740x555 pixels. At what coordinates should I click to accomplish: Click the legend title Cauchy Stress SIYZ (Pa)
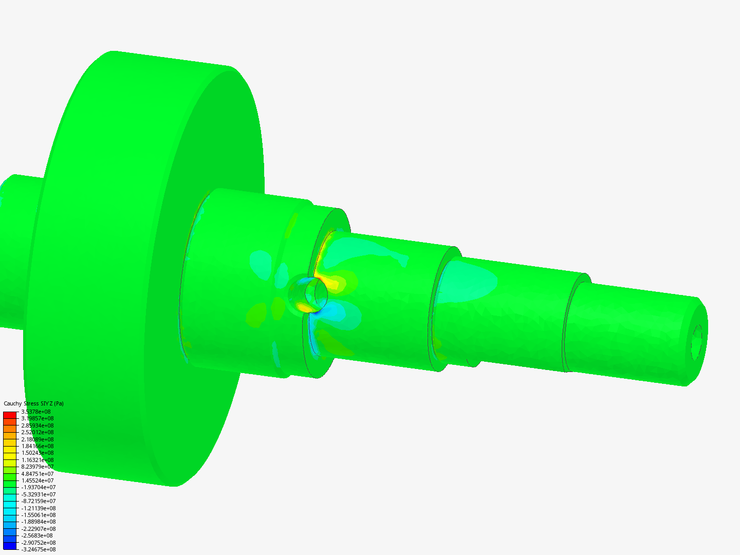tap(33, 404)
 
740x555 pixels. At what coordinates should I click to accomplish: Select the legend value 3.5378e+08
tap(36, 412)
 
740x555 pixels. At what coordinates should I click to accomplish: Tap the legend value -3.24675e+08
tap(39, 549)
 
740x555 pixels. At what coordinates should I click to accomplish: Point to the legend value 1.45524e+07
tap(38, 480)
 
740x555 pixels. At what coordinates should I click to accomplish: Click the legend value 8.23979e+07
tap(38, 467)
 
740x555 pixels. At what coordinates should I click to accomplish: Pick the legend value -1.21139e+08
tap(39, 508)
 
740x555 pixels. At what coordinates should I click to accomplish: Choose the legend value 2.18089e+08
tap(38, 439)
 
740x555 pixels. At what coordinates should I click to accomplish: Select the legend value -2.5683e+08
tap(37, 535)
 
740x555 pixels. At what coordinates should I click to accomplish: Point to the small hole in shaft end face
tap(697, 341)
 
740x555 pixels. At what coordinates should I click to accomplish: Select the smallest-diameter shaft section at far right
tap(632, 334)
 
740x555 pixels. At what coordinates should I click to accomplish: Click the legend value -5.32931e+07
tap(39, 494)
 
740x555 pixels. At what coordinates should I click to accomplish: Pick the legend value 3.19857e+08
tap(38, 418)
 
